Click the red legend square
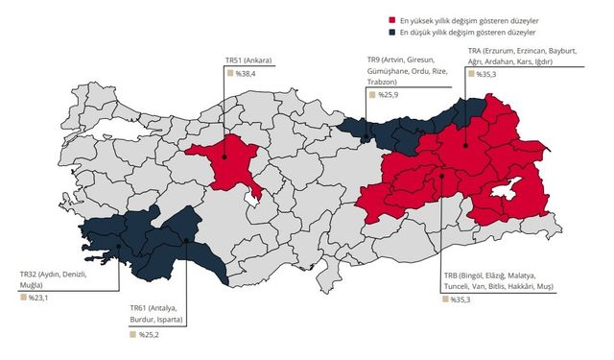[x=392, y=19]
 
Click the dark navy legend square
[x=392, y=32]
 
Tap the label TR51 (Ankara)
[x=248, y=60]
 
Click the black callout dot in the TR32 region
[x=119, y=245]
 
